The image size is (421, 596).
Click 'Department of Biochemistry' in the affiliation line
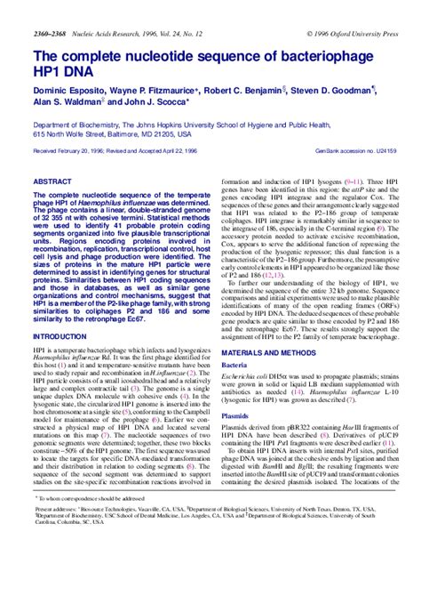point(81,124)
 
